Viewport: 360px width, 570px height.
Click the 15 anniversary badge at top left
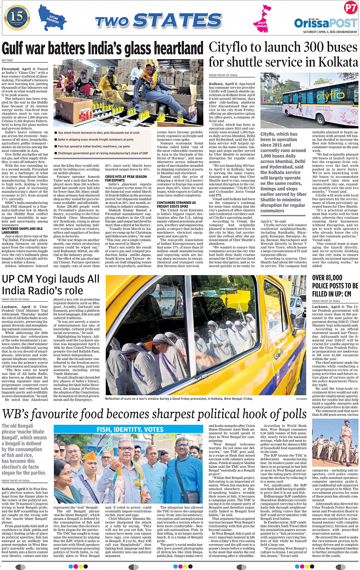pyautogui.click(x=17, y=18)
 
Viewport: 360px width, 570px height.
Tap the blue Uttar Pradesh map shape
pyautogui.click(x=52, y=18)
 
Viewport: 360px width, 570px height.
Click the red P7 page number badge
pyautogui.click(x=350, y=8)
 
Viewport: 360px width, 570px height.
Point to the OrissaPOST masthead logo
pyautogui.click(x=325, y=23)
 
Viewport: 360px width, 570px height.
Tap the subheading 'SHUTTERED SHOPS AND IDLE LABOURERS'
pyautogui.click(x=22, y=231)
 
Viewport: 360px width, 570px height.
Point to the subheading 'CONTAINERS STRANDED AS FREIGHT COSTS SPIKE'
pyautogui.click(x=176, y=205)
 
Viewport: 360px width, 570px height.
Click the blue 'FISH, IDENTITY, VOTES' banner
pyautogui.click(x=130, y=429)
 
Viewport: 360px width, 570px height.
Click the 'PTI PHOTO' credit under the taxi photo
pyautogui.click(x=301, y=399)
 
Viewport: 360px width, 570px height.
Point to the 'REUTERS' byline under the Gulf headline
pyautogui.click(x=7, y=61)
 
